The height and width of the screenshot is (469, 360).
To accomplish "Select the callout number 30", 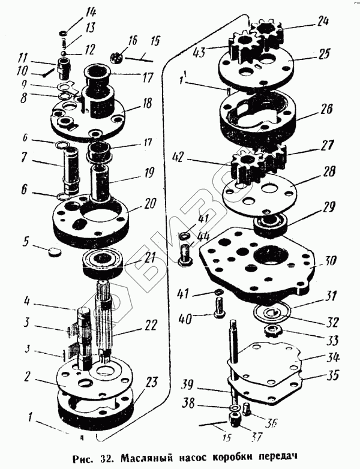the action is pyautogui.click(x=331, y=261).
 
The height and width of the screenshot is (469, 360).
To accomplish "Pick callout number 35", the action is pyautogui.click(x=332, y=377).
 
